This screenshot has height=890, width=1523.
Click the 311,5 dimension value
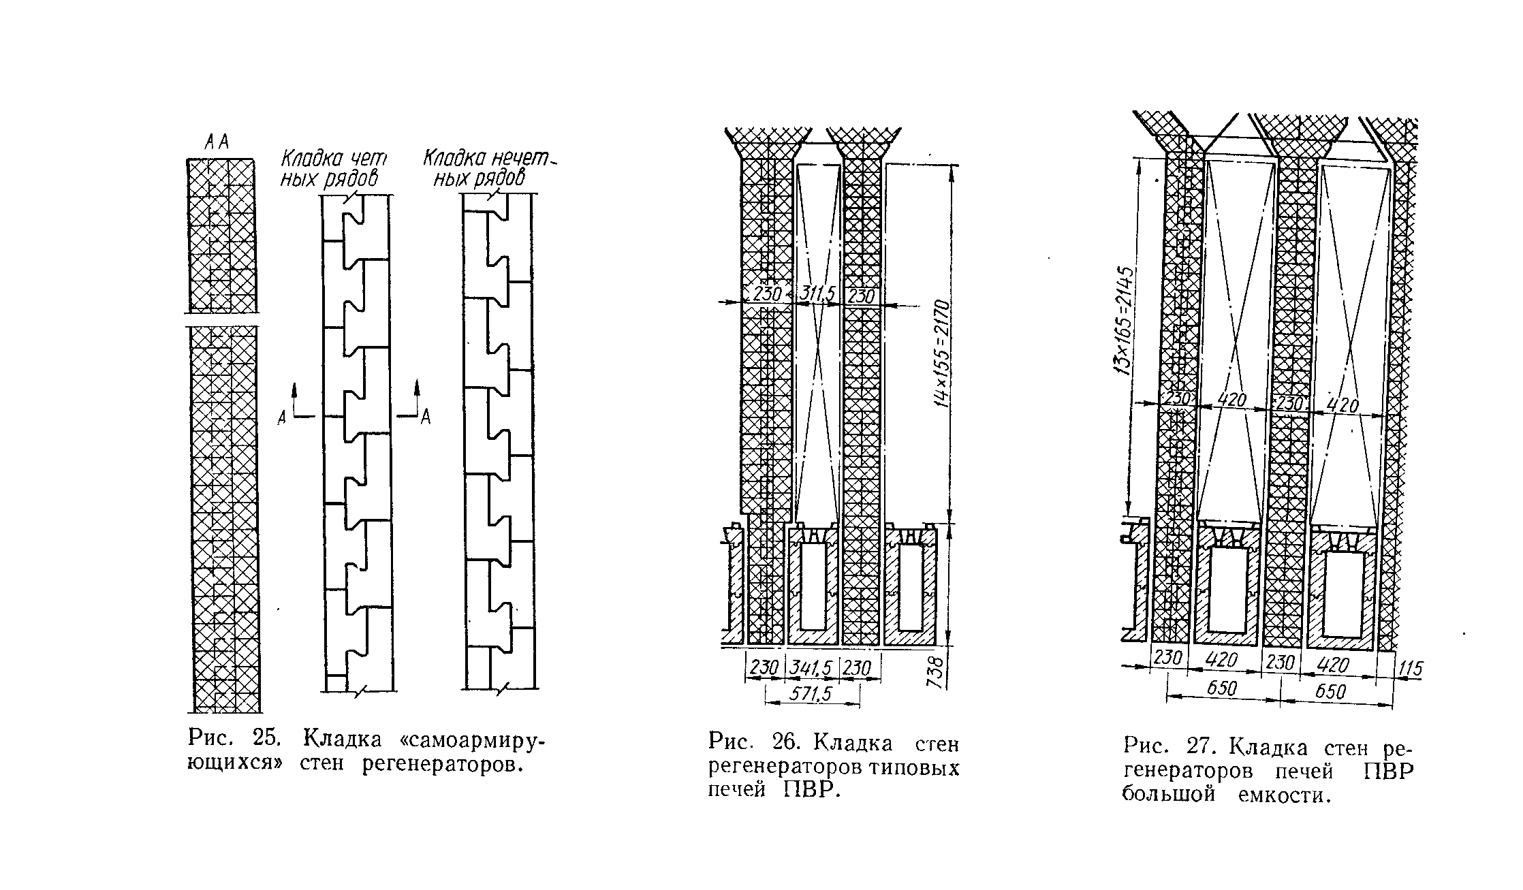(817, 295)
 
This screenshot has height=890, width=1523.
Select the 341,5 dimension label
(812, 668)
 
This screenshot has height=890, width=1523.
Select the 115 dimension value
(1410, 669)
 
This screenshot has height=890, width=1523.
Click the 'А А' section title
(217, 142)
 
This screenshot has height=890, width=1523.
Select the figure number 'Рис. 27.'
(1170, 747)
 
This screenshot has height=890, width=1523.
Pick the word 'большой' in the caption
(1168, 795)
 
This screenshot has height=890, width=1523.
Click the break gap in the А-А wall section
(222, 319)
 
